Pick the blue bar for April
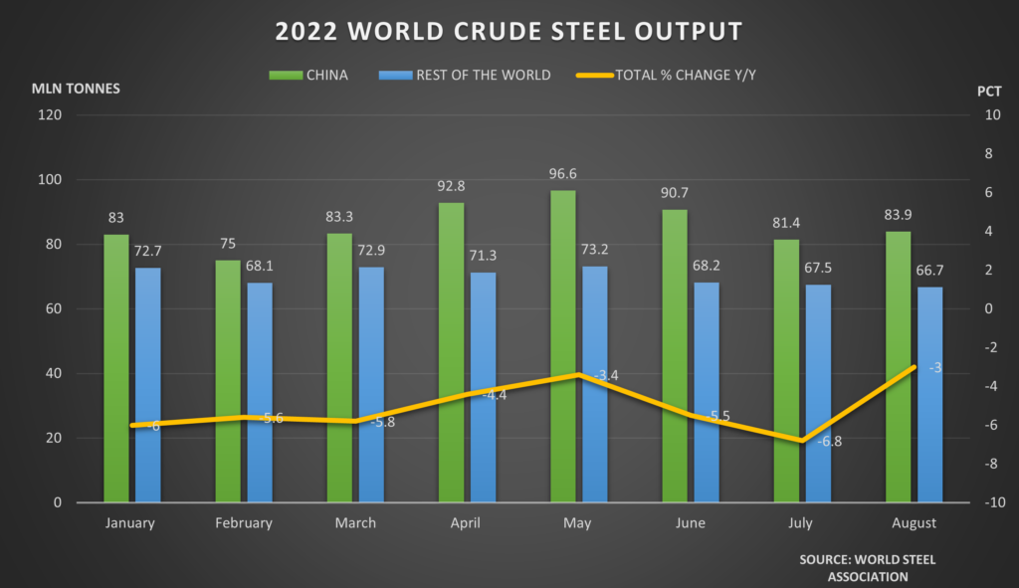pyautogui.click(x=483, y=387)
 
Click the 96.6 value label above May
pyautogui.click(x=564, y=174)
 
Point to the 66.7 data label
pyautogui.click(x=929, y=271)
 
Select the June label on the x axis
pyautogui.click(x=689, y=523)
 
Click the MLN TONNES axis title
pyautogui.click(x=77, y=88)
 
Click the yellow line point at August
pyautogui.click(x=914, y=367)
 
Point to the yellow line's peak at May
pyautogui.click(x=577, y=375)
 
